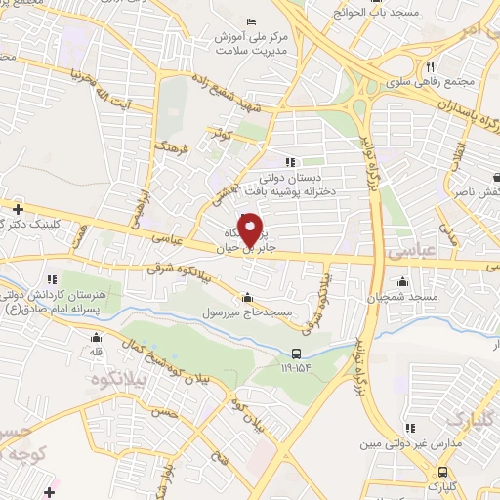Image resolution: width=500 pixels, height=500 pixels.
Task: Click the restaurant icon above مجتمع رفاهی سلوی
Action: click(430, 65)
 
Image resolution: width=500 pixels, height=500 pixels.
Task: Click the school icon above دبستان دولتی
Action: click(289, 163)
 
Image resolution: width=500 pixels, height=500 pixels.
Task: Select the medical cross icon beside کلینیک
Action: click(17, 208)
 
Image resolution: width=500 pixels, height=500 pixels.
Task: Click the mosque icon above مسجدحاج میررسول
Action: click(248, 298)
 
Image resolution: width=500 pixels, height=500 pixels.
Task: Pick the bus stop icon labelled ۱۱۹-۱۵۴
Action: click(296, 354)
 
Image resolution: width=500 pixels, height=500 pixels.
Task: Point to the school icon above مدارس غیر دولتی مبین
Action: click(410, 428)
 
